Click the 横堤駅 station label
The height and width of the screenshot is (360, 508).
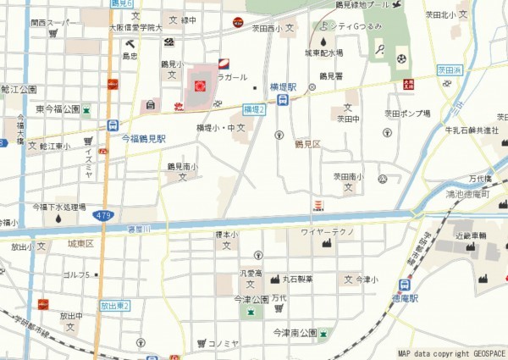coord(283,87)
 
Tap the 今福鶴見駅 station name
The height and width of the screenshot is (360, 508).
coord(143,137)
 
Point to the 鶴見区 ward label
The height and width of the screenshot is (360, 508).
coord(307,144)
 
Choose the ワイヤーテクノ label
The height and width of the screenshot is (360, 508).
coord(326,231)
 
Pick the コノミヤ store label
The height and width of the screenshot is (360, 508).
coord(223,343)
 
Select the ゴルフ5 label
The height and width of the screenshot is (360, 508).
coord(78,275)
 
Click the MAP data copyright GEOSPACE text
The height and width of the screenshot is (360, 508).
coord(451,353)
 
